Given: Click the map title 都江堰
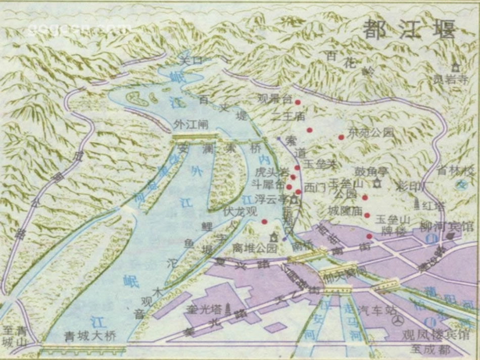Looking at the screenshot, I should click(x=409, y=29).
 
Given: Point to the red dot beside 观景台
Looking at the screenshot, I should click(x=298, y=102).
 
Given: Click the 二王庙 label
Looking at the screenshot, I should click(x=288, y=116).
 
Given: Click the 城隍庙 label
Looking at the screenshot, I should click(x=346, y=211).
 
